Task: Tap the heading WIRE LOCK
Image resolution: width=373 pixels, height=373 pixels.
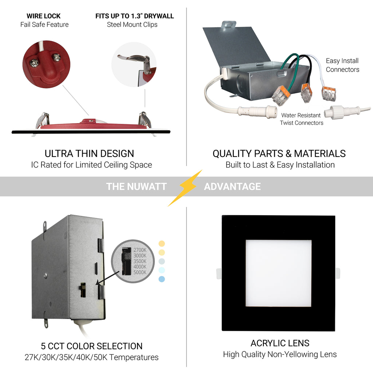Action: point(44,16)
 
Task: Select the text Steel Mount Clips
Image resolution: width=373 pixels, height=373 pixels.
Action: point(132,24)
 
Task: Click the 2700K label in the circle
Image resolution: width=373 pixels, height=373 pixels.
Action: point(140,250)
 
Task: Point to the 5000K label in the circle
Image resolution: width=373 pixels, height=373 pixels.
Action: point(140,272)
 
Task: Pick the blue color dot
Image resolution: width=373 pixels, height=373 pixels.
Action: point(162,279)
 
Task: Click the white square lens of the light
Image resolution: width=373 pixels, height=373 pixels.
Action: point(279,273)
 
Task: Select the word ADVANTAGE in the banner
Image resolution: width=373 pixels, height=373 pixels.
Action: point(232,186)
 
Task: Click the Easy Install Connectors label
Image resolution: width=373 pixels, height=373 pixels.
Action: point(342,65)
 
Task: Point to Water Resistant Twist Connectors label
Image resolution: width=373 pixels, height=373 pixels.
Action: point(301,119)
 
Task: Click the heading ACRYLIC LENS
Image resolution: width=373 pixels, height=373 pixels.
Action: point(280,343)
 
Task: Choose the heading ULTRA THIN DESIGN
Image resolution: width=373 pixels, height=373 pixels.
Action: point(89,154)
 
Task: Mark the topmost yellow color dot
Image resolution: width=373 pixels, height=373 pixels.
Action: point(162,244)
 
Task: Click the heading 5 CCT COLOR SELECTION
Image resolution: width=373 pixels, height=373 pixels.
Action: point(91,346)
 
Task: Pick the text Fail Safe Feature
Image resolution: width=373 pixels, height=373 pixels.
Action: point(44,24)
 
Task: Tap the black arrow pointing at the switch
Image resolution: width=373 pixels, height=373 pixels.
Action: point(107,278)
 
